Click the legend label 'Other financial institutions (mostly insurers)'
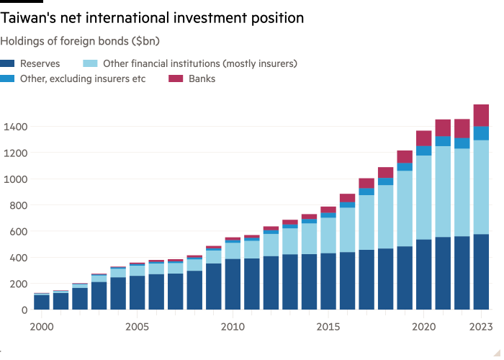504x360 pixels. tap(200, 63)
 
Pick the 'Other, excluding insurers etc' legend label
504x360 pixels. tap(83, 78)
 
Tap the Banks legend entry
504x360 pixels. tap(202, 78)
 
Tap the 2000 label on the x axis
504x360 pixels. tap(42, 327)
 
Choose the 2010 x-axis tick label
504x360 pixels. tap(233, 327)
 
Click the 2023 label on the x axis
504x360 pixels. tap(481, 327)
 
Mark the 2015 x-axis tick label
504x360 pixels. tap(328, 327)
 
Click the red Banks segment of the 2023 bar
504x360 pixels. tap(481, 115)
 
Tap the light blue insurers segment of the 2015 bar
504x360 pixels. tap(328, 235)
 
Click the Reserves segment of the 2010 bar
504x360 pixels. tap(233, 284)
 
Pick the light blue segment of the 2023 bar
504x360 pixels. tap(481, 187)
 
